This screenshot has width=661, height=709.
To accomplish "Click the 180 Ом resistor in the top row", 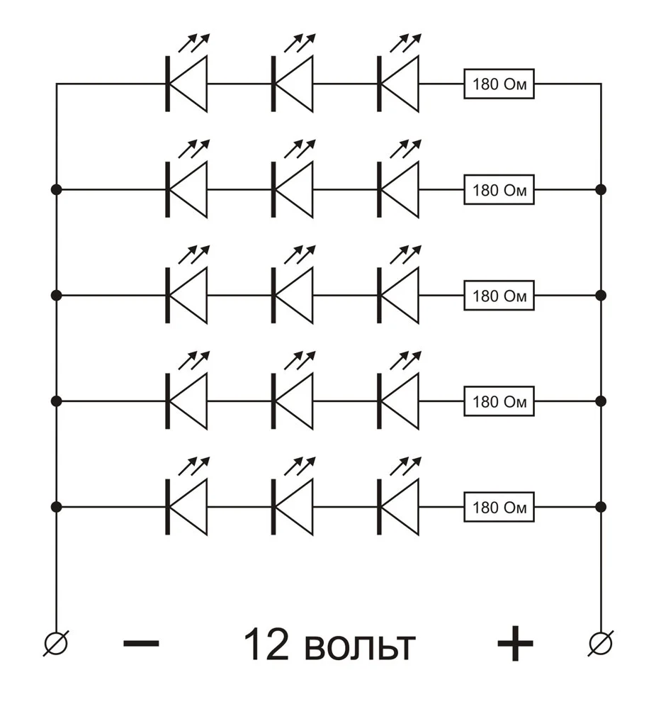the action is pyautogui.click(x=499, y=84).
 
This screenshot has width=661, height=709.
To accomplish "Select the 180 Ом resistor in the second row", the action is pyautogui.click(x=499, y=189).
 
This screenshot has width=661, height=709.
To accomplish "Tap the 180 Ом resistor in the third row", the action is pyautogui.click(x=499, y=295).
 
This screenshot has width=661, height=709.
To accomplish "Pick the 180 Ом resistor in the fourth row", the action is pyautogui.click(x=499, y=401).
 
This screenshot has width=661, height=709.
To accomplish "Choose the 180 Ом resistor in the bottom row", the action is pyautogui.click(x=499, y=507).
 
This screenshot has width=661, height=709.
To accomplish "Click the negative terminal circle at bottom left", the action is pyautogui.click(x=56, y=643).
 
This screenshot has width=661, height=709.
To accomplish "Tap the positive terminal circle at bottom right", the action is pyautogui.click(x=601, y=643).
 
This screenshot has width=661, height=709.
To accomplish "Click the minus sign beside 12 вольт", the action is pyautogui.click(x=141, y=643).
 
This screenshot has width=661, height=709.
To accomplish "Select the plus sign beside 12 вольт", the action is pyautogui.click(x=515, y=643).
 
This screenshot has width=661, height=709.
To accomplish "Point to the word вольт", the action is pyautogui.click(x=360, y=647).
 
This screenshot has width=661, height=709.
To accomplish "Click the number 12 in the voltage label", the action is pyautogui.click(x=266, y=644).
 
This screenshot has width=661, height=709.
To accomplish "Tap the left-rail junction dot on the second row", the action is pyautogui.click(x=56, y=189).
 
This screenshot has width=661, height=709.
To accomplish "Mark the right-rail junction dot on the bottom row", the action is pyautogui.click(x=601, y=507).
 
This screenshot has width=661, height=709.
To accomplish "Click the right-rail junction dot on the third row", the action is pyautogui.click(x=601, y=295).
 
